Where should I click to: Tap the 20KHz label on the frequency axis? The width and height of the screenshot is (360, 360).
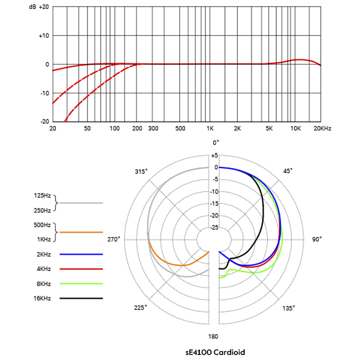[322, 129]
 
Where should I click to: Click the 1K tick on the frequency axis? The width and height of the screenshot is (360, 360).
[209, 129]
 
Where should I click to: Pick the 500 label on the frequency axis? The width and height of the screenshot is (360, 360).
[180, 129]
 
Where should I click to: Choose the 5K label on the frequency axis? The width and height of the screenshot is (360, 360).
[270, 129]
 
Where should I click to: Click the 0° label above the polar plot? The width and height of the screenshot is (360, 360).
[216, 143]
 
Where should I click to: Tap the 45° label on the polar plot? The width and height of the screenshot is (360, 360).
[288, 171]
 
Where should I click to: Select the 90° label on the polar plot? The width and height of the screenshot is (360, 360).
[317, 239]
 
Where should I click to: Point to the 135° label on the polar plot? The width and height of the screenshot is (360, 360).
[288, 308]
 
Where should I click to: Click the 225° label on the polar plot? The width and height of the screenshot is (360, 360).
[141, 308]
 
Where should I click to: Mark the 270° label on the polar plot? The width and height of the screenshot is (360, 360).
[113, 239]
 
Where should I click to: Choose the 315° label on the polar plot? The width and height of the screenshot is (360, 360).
[141, 171]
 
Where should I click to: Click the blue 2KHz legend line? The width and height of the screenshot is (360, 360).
[81, 254]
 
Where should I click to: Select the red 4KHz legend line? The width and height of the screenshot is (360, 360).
[81, 268]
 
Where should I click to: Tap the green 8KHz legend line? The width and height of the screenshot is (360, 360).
[81, 284]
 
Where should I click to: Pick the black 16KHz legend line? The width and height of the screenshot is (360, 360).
[81, 298]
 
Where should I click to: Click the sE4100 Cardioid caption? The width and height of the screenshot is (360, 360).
[216, 351]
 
